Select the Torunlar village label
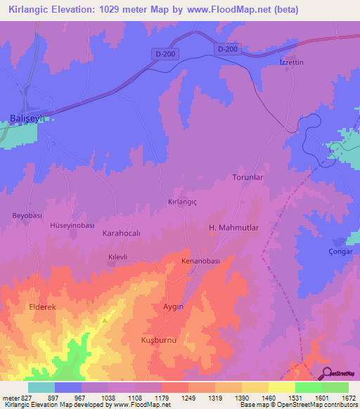pyautogui.click(x=247, y=177)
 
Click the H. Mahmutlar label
pyautogui.click(x=234, y=228)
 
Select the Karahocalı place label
pyautogui.click(x=123, y=233)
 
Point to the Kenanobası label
pyautogui.click(x=202, y=261)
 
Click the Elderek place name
pyautogui.click(x=42, y=307)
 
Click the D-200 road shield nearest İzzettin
pyautogui.click(x=227, y=48)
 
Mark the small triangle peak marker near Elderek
pyautogui.click(x=104, y=321)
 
